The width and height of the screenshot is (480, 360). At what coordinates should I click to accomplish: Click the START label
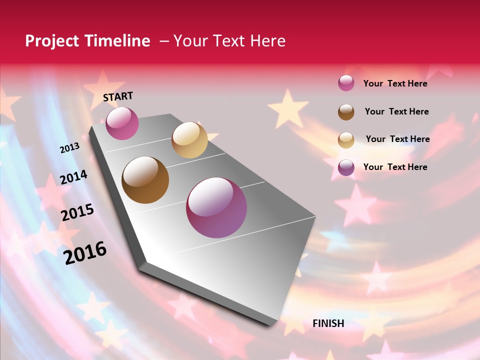tap(118, 96)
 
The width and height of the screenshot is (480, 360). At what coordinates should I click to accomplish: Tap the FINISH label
tap(328, 323)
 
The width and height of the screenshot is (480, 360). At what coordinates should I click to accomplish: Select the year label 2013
tap(70, 147)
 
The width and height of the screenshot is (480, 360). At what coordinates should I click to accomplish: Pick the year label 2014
tap(73, 177)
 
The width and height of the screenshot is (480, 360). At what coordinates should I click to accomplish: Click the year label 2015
tap(77, 212)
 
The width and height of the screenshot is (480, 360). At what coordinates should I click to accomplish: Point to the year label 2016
tap(85, 252)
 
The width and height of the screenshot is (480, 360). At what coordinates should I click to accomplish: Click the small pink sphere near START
tap(122, 123)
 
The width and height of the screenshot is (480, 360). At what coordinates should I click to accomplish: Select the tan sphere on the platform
tap(189, 140)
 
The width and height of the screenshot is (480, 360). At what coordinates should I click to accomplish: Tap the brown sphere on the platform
tap(145, 180)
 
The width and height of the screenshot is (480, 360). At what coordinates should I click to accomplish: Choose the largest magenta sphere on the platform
tap(216, 207)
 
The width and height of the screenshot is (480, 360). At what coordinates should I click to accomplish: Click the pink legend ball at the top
tap(346, 83)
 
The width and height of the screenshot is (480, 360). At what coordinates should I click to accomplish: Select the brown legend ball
tap(346, 112)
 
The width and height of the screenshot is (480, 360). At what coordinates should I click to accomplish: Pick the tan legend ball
tap(346, 140)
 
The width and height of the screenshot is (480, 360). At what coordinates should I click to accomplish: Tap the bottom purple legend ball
tap(346, 167)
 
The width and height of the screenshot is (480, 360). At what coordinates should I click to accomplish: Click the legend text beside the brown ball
tap(396, 111)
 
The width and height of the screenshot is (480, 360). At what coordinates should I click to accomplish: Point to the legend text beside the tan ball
tap(397, 139)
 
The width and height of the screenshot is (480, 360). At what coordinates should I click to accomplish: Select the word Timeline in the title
tap(118, 41)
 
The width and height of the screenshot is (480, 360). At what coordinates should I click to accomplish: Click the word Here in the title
tap(267, 41)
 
